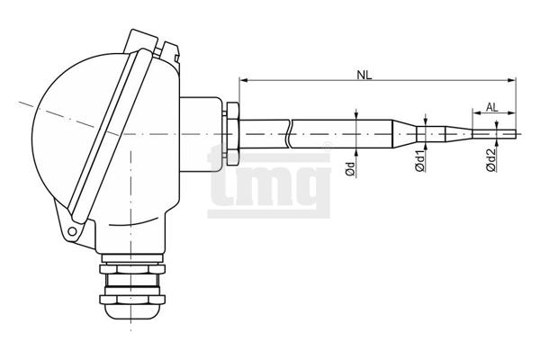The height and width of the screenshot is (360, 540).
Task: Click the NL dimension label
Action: pyautogui.click(x=364, y=75)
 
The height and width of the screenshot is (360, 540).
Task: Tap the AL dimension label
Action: pyautogui.click(x=491, y=107)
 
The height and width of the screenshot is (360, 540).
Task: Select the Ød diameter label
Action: pyautogui.click(x=350, y=168)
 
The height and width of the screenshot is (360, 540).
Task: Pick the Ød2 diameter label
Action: pyautogui.click(x=490, y=160)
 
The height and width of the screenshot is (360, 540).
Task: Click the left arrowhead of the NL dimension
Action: pyautogui.click(x=244, y=80)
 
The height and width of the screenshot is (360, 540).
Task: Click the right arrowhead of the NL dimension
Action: pyautogui.click(x=512, y=80)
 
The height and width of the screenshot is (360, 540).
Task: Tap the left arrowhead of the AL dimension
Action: pyautogui.click(x=477, y=112)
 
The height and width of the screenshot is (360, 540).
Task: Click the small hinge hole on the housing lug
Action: pyautogui.click(x=72, y=231)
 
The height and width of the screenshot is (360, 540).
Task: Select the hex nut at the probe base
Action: pyautogui.click(x=232, y=134)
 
